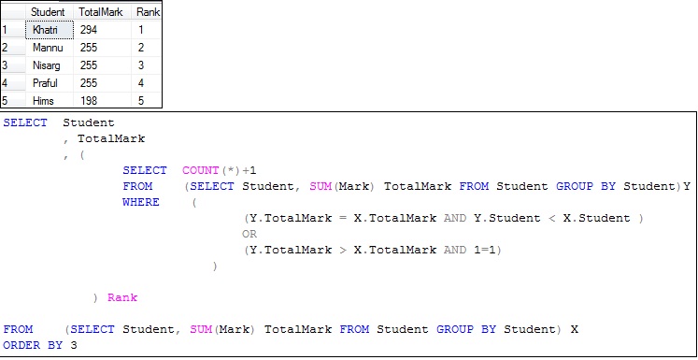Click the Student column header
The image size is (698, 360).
coord(48,11)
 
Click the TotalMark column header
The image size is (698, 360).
coord(98,11)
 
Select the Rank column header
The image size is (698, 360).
coord(147,11)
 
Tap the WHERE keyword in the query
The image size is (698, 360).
coord(140,202)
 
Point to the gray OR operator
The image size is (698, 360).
coord(249,234)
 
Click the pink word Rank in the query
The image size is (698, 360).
coord(122,297)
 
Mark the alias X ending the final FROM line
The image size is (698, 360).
coord(575,329)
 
